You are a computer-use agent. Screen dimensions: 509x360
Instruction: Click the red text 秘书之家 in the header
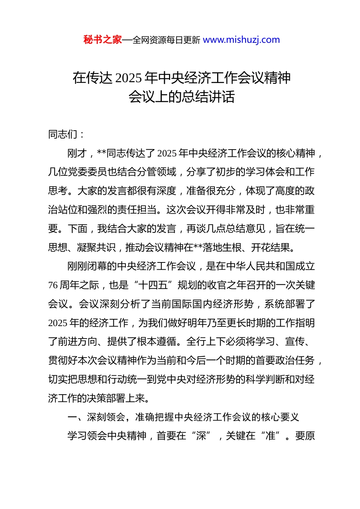(102, 40)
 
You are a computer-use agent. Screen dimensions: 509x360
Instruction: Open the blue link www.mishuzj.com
(241, 40)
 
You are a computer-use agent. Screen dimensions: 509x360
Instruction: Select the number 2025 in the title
(128, 78)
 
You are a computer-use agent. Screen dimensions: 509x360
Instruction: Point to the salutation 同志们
(63, 134)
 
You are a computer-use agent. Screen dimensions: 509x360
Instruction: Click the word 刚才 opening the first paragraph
(77, 153)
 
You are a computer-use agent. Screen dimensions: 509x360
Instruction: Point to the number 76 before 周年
(53, 285)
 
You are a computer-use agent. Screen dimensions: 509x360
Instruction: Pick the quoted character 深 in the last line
(201, 436)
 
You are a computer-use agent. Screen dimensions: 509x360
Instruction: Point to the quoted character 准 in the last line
(271, 436)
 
